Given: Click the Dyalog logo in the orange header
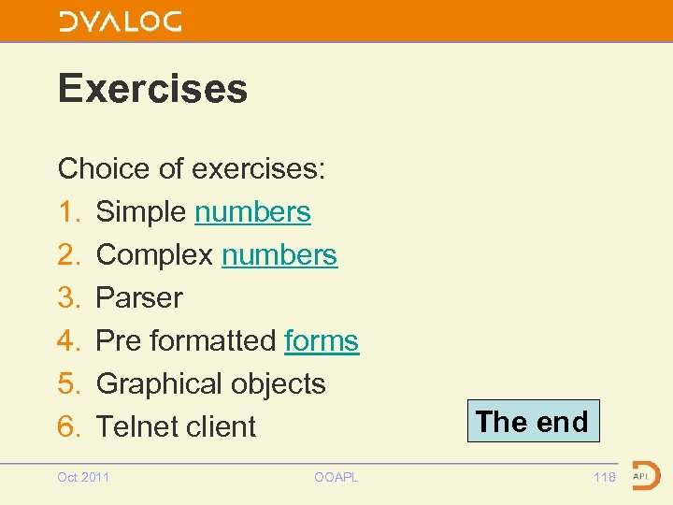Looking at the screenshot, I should pos(120,22).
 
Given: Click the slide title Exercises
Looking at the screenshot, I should pos(152,89).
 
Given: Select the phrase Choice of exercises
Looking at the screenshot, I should pos(191,169).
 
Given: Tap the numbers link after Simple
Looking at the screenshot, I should pos(252,212).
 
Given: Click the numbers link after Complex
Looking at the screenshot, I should pos(279,255).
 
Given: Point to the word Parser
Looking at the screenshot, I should pos(139,298).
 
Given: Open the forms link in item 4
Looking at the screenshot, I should pos(322,341).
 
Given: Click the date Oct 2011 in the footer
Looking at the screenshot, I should pos(83,478).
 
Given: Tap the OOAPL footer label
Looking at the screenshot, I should pos(336,478).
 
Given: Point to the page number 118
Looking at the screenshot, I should pos(605,478).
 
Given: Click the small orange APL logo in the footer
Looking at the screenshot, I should pos(645,475).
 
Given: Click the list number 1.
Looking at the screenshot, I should pos(68,212).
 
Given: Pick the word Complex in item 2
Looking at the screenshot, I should pos(155,255).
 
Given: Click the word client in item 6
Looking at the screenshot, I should pos(223,427).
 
